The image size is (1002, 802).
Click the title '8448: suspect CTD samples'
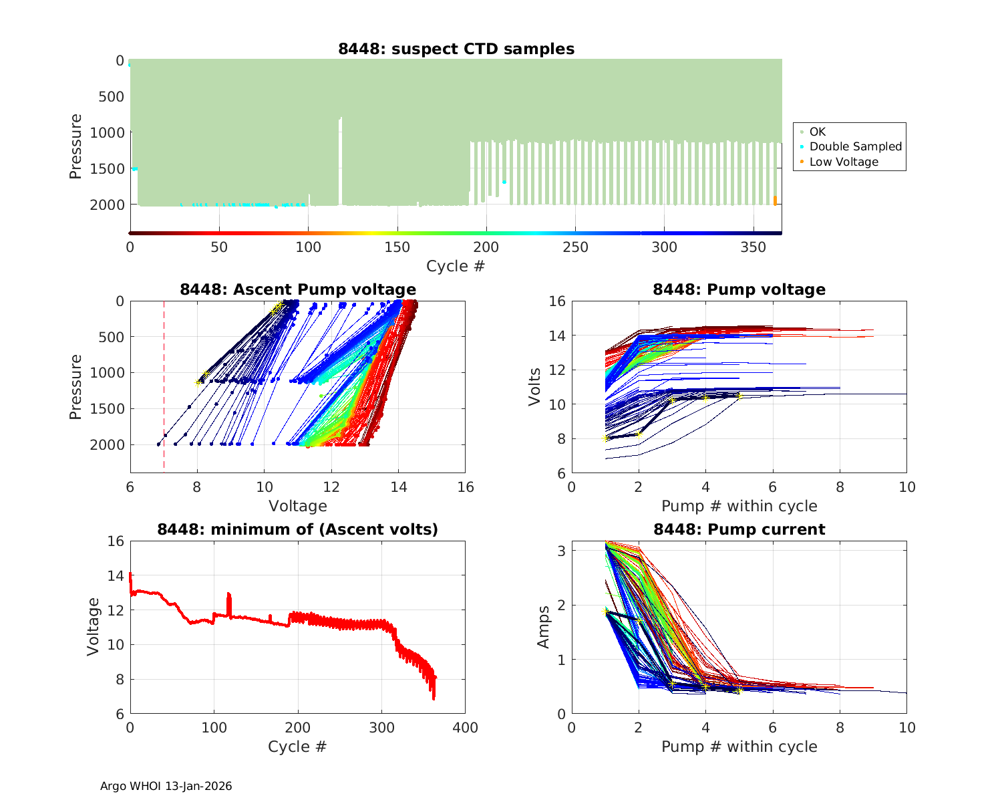click(456, 49)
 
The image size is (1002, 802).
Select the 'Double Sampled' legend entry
click(855, 146)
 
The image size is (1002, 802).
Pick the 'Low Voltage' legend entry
click(844, 162)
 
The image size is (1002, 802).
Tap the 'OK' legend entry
click(818, 132)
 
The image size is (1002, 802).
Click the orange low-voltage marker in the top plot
click(775, 200)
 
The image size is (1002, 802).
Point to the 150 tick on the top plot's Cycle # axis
click(397, 247)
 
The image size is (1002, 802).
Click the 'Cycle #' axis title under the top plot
click(456, 266)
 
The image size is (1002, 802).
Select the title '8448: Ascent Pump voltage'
click(298, 289)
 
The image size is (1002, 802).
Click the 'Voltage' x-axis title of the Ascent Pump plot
click(298, 506)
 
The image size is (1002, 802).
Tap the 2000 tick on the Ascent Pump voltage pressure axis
click(111, 444)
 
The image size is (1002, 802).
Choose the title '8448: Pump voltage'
click(739, 289)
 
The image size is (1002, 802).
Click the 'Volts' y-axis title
click(535, 387)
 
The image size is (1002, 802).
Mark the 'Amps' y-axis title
click(544, 627)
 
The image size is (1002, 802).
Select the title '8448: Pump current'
click(739, 529)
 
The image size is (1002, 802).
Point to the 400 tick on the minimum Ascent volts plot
click(465, 727)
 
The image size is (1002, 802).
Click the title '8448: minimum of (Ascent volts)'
click(298, 529)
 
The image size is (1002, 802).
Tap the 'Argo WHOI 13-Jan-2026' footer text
click(166, 786)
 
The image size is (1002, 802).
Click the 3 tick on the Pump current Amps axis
click(561, 551)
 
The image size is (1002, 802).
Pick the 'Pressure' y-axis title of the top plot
click(75, 146)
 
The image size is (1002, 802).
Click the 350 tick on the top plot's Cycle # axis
click(754, 247)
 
